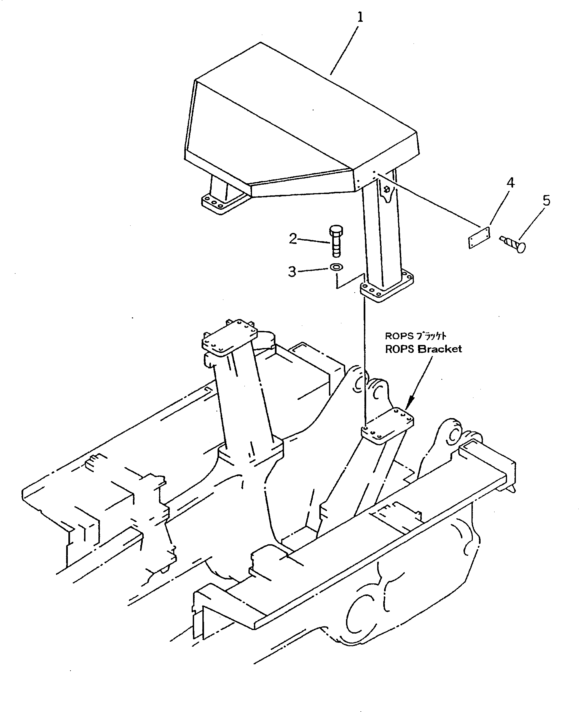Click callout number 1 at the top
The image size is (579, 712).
(x=360, y=17)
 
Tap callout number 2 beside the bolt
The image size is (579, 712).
(x=293, y=239)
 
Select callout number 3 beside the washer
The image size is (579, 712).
(x=292, y=271)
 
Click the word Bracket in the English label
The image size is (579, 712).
(x=440, y=349)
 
